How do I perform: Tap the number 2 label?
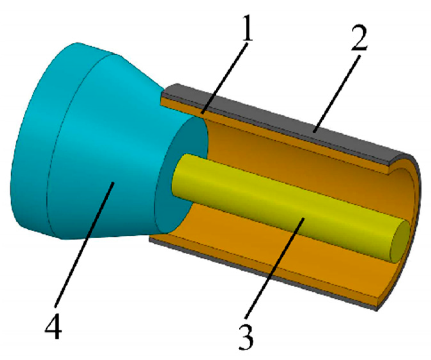[x=359, y=39]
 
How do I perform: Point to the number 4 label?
[x=53, y=326]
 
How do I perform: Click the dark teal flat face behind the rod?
[x=179, y=144]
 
